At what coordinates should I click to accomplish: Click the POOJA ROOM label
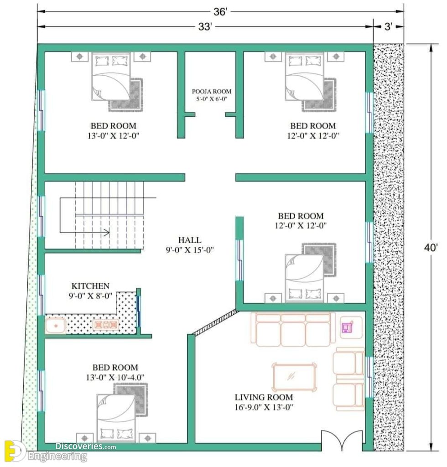[212, 91]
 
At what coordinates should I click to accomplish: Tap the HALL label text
[190, 240]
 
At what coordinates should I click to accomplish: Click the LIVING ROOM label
[264, 397]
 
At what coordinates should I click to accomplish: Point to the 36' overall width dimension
[220, 12]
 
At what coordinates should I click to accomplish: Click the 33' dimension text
[204, 27]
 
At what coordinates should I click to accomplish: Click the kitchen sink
[55, 326]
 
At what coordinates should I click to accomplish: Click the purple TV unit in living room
[348, 327]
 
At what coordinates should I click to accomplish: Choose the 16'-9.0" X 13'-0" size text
[264, 407]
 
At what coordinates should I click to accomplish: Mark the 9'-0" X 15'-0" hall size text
[190, 249]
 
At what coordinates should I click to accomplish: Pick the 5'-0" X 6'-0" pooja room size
[212, 99]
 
